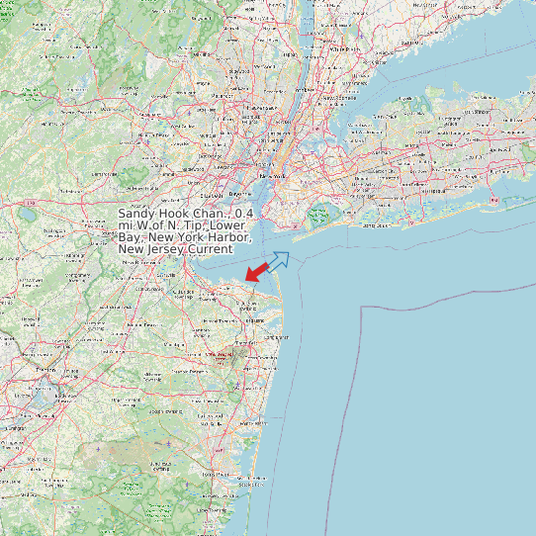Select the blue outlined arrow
278,261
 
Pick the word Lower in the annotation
233,225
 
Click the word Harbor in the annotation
228,237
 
